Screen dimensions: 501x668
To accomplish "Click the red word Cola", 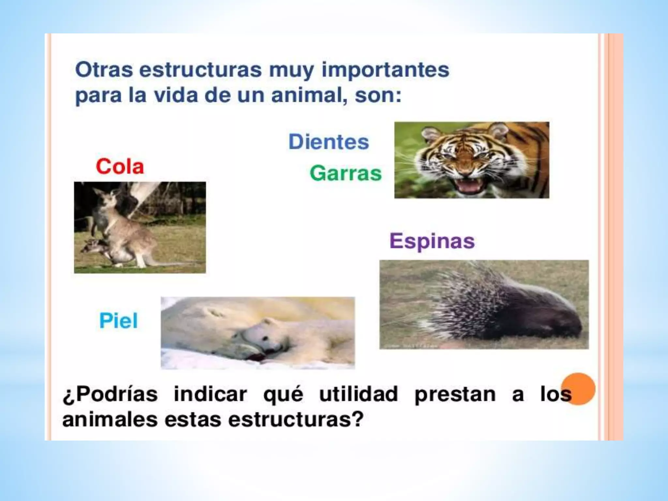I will point(120,167).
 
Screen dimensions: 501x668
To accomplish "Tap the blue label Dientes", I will point(328,142).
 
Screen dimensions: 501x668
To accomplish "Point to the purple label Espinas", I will point(432,241).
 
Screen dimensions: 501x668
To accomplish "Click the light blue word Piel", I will point(118,321).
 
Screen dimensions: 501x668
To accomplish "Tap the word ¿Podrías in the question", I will point(110,394).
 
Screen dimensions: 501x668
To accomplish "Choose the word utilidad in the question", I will point(358,394).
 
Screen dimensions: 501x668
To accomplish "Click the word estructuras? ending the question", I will point(296,419).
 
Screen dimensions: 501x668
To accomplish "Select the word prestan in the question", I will point(455,394).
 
